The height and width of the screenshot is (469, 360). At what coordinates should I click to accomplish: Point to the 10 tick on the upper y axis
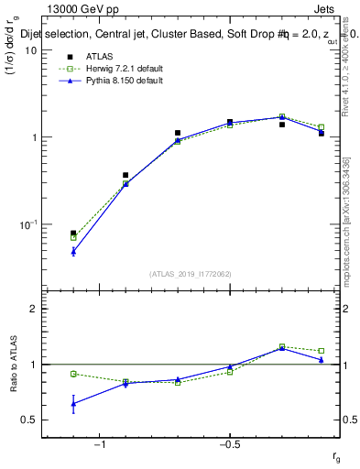pyautogui.click(x=30, y=50)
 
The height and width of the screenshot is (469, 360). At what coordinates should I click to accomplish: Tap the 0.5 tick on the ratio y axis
pyautogui.click(x=30, y=420)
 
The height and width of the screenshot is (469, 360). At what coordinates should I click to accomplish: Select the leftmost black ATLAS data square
pyautogui.click(x=73, y=234)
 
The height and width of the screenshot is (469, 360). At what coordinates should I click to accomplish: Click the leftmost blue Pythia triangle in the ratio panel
pyautogui.click(x=73, y=403)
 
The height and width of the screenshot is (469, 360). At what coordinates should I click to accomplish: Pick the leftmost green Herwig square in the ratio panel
pyautogui.click(x=73, y=374)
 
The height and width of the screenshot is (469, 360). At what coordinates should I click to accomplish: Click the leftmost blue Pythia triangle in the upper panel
pyautogui.click(x=73, y=250)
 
